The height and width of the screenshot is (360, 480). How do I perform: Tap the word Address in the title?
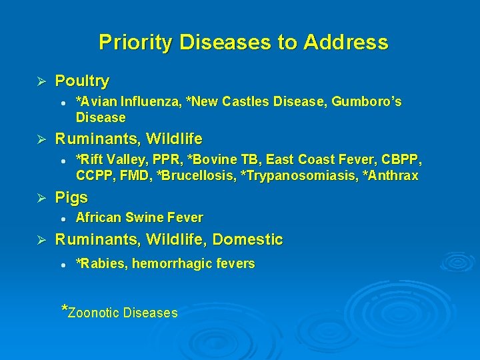pos(345,43)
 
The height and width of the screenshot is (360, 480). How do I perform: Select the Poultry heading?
pos(82,81)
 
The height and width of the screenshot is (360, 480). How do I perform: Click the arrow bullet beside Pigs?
pos(39,198)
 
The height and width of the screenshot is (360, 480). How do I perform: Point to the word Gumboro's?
pos(369,102)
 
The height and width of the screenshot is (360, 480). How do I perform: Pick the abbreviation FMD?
pos(139,176)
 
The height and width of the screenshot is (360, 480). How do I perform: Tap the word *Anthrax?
pos(388,176)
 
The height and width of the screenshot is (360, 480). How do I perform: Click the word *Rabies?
pos(101,264)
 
